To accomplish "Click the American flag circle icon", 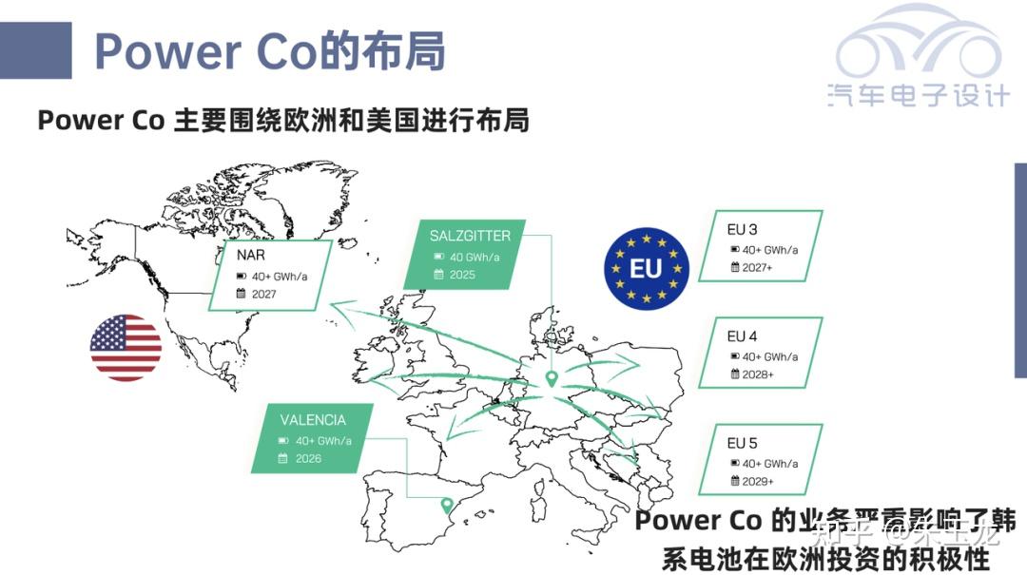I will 126,348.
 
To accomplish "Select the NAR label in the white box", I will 251,256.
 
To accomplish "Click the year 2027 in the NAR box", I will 264,294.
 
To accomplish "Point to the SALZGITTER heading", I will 470,236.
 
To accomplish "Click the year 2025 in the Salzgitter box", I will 463,275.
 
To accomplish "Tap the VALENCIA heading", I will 313,419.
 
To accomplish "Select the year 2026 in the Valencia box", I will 308,458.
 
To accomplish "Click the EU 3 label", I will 743,230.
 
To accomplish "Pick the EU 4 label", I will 743,336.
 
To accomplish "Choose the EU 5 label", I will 743,443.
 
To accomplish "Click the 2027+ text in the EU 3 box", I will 759,268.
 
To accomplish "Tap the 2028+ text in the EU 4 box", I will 759,374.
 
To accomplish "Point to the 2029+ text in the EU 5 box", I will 759,482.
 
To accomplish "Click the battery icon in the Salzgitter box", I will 439,257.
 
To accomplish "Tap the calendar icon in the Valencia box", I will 283,458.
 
